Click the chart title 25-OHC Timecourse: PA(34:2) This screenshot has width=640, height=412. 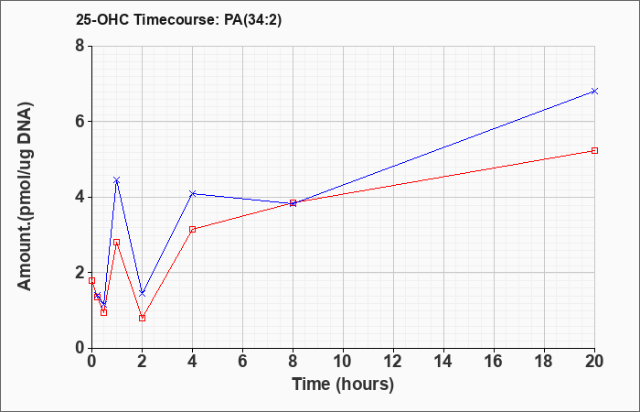(x=179, y=20)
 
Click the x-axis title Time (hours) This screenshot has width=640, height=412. (x=343, y=385)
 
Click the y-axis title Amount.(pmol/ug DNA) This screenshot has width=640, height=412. (x=26, y=197)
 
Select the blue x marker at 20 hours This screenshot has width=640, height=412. (x=594, y=92)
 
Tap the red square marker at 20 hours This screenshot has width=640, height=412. (x=594, y=150)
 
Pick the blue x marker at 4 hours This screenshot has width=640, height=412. (x=193, y=193)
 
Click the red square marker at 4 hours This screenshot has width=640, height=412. (x=193, y=229)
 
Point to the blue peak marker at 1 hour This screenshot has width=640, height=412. (x=117, y=180)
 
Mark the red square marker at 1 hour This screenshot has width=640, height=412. (x=117, y=242)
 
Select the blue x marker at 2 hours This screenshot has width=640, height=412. (x=142, y=294)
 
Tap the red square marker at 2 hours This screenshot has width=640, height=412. (x=142, y=318)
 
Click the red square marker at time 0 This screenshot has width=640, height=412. (x=91, y=280)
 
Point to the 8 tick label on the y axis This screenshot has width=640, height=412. (x=80, y=46)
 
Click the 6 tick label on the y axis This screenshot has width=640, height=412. (x=80, y=122)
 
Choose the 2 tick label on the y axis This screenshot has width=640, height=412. (x=80, y=273)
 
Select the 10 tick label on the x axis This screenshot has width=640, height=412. (x=343, y=362)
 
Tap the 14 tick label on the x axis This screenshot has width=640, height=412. (x=443, y=362)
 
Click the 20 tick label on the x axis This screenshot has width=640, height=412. (x=594, y=362)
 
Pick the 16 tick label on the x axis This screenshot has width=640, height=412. (x=494, y=362)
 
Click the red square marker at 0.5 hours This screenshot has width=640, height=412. (x=103, y=313)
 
